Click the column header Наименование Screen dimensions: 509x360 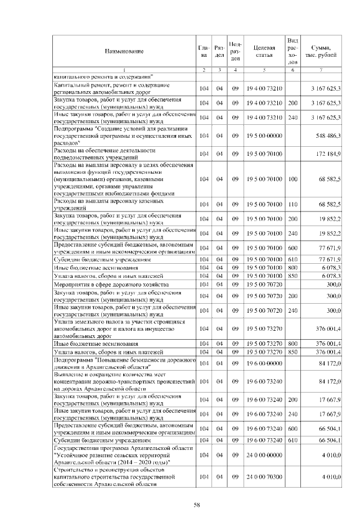(123, 51)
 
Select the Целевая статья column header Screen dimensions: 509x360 (264, 51)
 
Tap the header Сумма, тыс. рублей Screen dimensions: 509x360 (321, 51)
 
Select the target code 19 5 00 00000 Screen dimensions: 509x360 (264, 136)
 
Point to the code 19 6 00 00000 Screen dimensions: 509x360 (264, 361)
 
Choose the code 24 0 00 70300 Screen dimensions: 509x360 (264, 476)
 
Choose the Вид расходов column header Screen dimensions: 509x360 (292, 51)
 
